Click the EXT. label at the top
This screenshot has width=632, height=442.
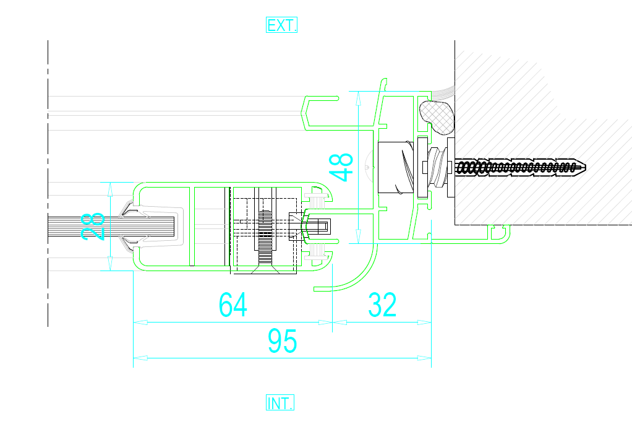(281, 25)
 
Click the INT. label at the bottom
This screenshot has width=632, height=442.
(280, 402)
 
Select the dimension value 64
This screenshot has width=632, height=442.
(233, 305)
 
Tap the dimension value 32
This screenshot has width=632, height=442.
(382, 305)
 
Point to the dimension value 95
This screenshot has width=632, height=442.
(282, 341)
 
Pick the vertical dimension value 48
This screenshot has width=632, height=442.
(341, 167)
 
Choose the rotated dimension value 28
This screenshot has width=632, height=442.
(93, 227)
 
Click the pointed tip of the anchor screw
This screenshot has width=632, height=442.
(585, 167)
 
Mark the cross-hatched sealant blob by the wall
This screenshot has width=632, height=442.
(437, 117)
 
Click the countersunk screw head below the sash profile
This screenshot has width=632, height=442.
(265, 270)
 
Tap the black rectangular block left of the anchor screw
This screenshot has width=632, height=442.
(395, 167)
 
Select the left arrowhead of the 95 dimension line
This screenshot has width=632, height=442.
(140, 358)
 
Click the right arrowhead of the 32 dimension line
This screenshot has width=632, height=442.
(424, 322)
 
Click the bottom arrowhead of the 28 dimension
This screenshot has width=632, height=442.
(111, 263)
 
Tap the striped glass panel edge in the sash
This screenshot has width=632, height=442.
(111, 227)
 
